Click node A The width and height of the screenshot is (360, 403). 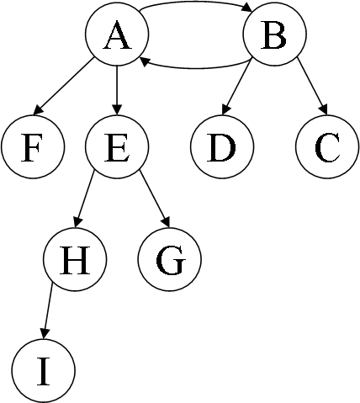pos(117,34)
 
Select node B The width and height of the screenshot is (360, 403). pos(275,34)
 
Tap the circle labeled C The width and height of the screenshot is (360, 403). pos(327,146)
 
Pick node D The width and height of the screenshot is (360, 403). pos(222,146)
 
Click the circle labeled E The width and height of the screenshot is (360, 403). pos(117,146)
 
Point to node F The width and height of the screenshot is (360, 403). pos(33,146)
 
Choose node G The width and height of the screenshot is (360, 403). pos(170,258)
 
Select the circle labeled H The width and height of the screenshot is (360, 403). pos(75,258)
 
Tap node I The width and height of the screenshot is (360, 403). pos(44,370)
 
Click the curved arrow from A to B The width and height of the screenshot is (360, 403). pos(196,3)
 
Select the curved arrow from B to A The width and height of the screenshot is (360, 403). pos(196,67)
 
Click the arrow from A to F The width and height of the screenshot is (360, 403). pos(64,86)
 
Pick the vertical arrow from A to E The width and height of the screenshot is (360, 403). pos(117,90)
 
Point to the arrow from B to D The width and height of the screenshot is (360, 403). pos(236,87)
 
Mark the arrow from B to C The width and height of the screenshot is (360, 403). pos(312,86)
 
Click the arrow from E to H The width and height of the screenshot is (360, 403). pos(84,199)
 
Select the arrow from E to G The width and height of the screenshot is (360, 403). pos(155,199)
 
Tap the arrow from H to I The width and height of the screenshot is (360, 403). pos(48,311)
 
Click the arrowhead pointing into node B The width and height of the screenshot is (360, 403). pos(247,8)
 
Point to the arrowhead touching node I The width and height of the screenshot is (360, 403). pos(45,334)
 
